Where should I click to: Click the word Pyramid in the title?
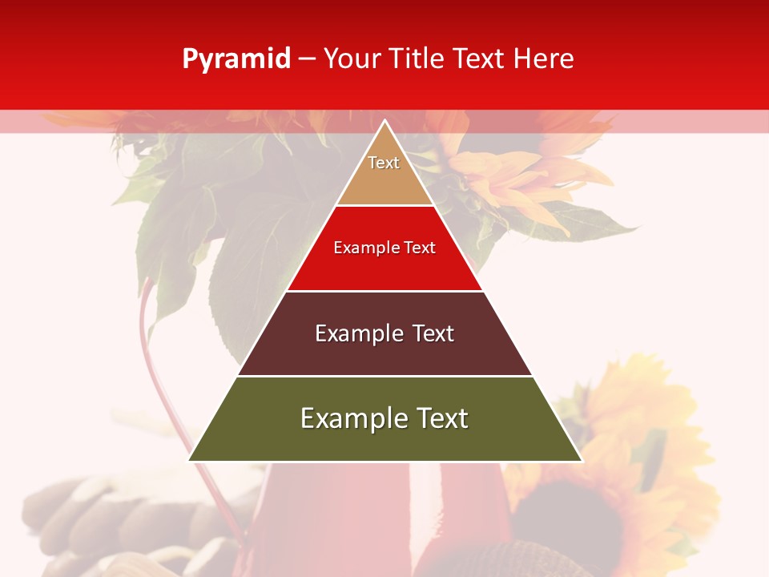(x=236, y=59)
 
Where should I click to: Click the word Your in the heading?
(x=349, y=59)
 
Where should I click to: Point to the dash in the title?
(x=307, y=59)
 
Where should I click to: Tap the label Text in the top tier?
(x=384, y=163)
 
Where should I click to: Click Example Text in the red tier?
(x=384, y=248)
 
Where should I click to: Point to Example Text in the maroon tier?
(x=384, y=333)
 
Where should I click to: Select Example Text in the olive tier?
(x=384, y=418)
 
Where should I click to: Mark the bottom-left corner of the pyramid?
(x=190, y=460)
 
